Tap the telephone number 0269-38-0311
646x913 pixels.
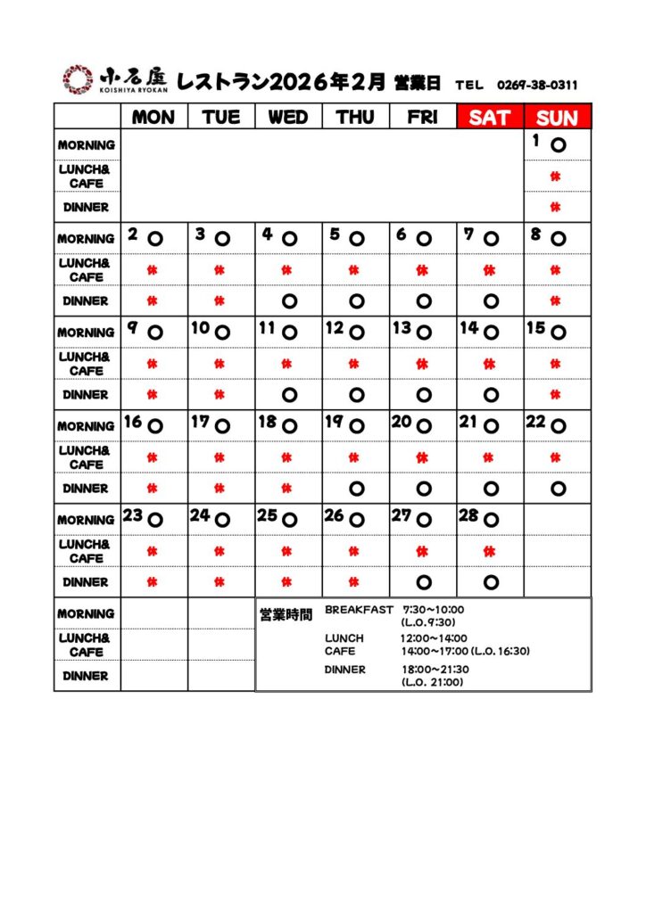click(x=537, y=86)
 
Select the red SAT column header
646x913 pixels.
click(x=490, y=118)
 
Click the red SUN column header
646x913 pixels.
click(x=557, y=118)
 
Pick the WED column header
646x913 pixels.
click(x=288, y=118)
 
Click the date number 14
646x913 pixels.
click(x=469, y=328)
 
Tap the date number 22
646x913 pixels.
click(x=536, y=422)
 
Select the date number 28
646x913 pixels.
click(x=469, y=515)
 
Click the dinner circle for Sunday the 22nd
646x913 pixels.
click(x=558, y=489)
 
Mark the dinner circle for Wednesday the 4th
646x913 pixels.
click(x=288, y=301)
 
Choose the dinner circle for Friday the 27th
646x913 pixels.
click(x=423, y=582)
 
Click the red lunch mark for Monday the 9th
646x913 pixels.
click(x=153, y=364)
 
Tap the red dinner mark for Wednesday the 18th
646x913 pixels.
click(x=287, y=489)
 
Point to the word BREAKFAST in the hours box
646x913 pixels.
click(x=359, y=610)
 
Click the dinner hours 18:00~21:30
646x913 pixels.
click(x=435, y=670)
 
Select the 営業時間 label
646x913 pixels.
click(x=286, y=614)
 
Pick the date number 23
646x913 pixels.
click(x=133, y=515)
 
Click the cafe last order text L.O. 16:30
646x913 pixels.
click(x=501, y=651)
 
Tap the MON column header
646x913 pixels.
click(x=153, y=118)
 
